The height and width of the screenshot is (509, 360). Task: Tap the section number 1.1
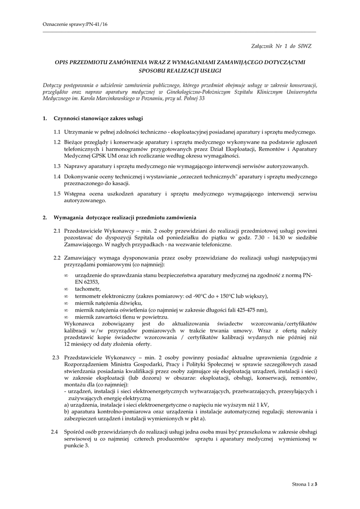[57, 132]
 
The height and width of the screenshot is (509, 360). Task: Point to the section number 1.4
[57, 177]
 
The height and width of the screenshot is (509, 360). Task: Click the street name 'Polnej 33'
[192, 99]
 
